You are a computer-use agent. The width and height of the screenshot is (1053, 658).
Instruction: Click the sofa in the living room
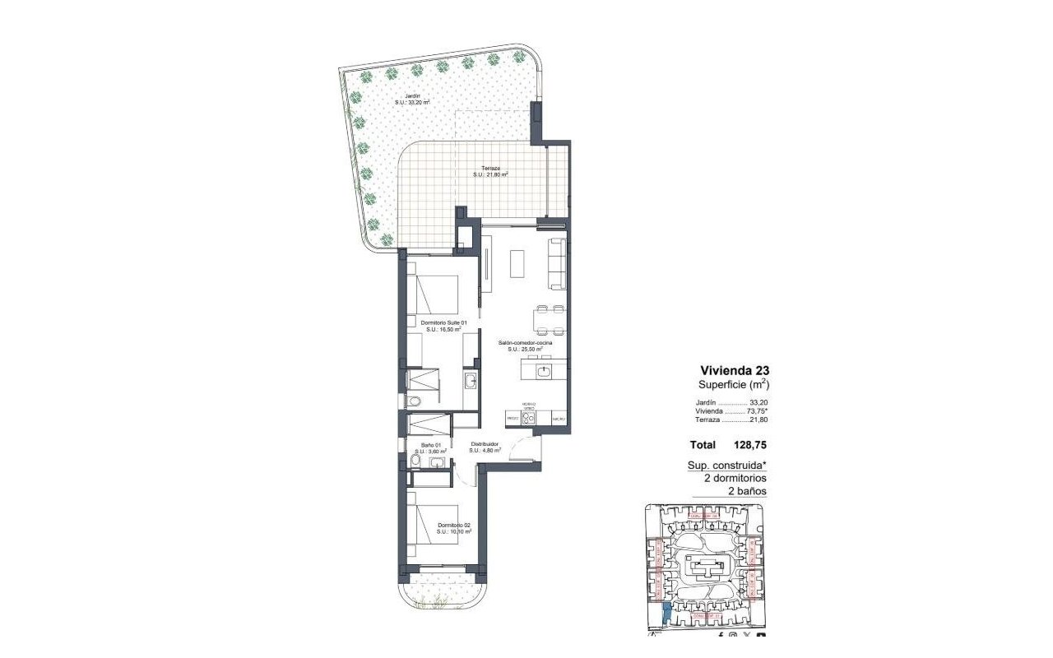tap(557, 263)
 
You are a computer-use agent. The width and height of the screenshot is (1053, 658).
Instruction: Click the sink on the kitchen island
tap(544, 372)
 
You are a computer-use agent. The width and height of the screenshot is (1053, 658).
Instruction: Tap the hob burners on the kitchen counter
tap(529, 417)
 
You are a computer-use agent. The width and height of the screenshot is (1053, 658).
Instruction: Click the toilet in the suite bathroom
tap(414, 401)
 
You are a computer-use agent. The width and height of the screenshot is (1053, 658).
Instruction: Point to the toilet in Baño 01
tap(415, 463)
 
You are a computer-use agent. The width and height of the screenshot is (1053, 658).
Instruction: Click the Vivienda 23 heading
tap(735, 370)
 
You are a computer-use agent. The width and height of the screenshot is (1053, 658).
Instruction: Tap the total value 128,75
tap(751, 445)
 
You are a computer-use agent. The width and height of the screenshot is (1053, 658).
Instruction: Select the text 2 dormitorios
tap(735, 478)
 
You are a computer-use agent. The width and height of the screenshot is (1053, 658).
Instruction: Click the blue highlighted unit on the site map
tap(666, 613)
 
